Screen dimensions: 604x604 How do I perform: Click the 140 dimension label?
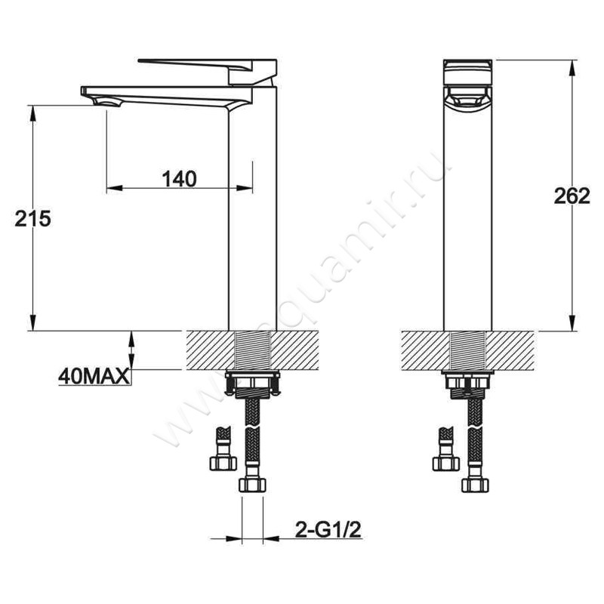(x=179, y=179)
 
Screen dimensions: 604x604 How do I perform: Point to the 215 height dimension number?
(x=32, y=219)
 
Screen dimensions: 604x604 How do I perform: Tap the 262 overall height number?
(x=572, y=196)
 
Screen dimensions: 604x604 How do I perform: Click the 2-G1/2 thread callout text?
(x=328, y=531)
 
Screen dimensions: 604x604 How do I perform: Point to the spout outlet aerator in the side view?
(x=107, y=103)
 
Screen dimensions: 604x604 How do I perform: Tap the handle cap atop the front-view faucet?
(x=467, y=72)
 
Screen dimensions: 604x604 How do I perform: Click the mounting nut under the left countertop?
(x=252, y=384)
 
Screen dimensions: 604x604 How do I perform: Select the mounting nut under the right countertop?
(x=467, y=384)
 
